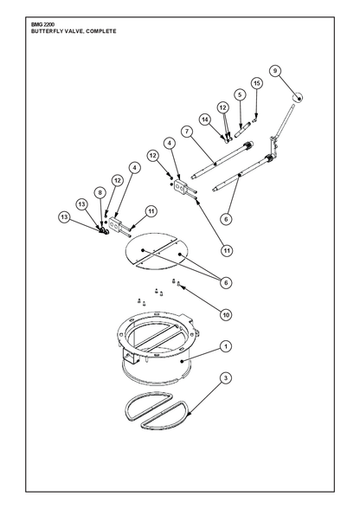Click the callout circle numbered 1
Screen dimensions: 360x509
pos(226,346)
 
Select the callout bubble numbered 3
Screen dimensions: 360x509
pos(226,377)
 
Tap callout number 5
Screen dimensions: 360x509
pos(240,95)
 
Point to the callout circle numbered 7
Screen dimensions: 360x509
pos(187,132)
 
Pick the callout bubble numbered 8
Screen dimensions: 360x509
pos(100,193)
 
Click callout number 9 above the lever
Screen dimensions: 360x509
pos(275,71)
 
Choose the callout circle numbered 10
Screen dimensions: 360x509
pos(226,314)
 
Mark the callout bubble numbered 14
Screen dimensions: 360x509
pos(205,119)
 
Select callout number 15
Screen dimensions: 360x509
pos(257,83)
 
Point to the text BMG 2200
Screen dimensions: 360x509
pos(38,24)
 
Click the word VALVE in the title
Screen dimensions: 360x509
pos(74,31)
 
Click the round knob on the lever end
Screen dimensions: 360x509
pos(298,97)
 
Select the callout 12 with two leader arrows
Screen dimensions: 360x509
pos(222,107)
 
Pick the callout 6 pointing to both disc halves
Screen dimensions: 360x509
pos(226,282)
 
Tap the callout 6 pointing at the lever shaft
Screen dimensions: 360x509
pos(226,219)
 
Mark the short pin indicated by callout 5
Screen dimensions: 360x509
pos(243,129)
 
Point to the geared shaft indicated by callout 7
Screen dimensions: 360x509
pos(222,158)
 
